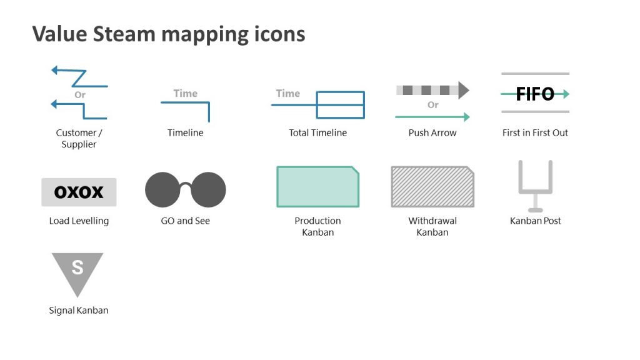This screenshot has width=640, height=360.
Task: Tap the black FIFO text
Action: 535,94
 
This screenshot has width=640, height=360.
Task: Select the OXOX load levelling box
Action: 79,192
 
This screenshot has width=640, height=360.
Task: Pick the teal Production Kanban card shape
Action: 317,187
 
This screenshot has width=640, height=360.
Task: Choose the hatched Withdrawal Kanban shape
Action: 432,187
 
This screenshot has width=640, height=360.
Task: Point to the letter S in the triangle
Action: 77,267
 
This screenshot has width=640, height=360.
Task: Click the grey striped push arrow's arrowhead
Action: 464,90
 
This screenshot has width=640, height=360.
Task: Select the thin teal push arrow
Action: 432,117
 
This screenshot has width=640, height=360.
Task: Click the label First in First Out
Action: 535,132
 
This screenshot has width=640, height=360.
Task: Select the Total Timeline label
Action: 317,132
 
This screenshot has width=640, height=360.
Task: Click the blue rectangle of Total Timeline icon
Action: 340,105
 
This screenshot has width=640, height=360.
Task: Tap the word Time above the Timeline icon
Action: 185,93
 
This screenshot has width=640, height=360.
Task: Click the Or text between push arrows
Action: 432,104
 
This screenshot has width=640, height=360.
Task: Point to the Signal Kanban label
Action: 79,310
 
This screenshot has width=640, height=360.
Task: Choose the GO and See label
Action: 186,221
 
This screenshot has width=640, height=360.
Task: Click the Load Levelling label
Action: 79,221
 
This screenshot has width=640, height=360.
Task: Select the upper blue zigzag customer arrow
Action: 79,77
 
